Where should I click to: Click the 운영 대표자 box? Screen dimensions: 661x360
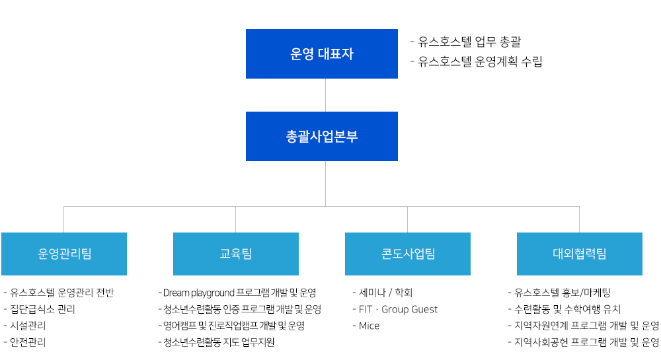point(322,54)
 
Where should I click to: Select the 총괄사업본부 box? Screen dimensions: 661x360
point(322,136)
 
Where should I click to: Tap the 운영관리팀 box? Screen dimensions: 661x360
point(64,254)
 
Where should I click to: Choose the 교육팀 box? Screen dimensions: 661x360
point(236,254)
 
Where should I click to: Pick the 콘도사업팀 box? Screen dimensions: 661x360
point(408,254)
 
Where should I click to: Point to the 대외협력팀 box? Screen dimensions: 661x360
point(580,254)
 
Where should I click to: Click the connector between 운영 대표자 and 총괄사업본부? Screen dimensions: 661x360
point(325,95)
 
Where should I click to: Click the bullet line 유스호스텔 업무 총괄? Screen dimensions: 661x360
point(466,42)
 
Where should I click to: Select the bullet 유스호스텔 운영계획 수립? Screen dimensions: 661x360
point(477,62)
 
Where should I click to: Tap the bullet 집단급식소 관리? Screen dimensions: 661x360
point(39,309)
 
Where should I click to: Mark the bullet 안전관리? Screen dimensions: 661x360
point(24,342)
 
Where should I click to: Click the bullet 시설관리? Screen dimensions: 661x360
point(24,326)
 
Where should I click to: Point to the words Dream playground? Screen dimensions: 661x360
point(198,293)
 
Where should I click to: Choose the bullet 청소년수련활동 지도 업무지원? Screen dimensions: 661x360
point(216,342)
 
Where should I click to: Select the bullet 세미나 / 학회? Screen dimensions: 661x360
point(382,293)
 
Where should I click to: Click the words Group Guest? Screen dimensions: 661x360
point(409,310)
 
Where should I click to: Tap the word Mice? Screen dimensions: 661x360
point(369,326)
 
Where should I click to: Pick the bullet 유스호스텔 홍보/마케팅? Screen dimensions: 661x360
point(559,293)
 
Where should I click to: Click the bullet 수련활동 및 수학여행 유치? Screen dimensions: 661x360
point(564,309)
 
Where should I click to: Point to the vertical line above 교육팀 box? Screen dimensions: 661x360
point(236,219)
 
